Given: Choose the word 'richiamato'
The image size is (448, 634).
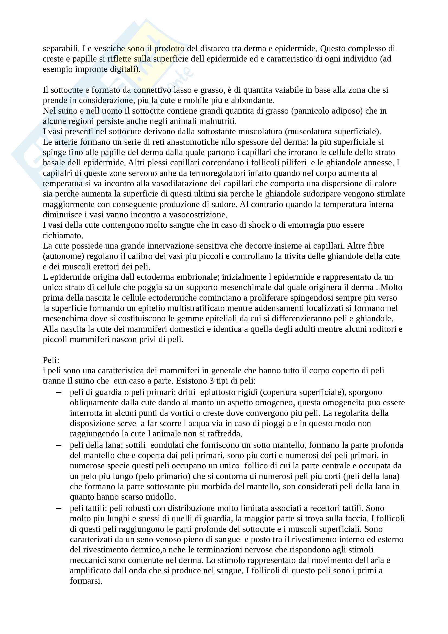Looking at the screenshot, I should point(63,236).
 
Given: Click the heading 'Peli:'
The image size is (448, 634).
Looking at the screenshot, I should point(51,360).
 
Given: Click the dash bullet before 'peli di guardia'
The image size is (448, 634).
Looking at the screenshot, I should point(59,392).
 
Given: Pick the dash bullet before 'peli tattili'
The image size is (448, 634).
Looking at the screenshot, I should point(59,508).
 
